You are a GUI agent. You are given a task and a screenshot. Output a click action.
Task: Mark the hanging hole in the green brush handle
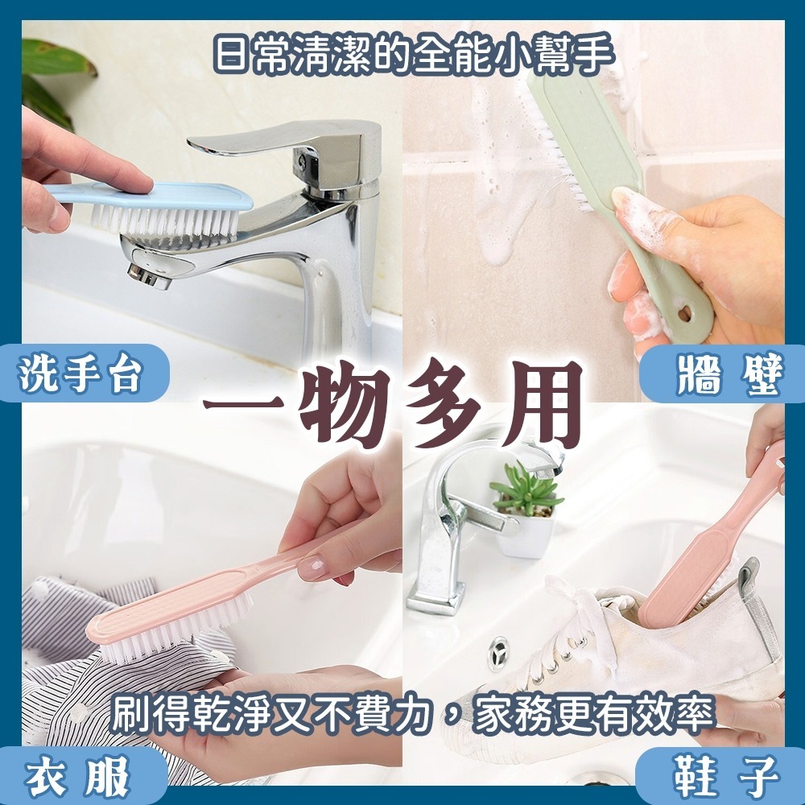tap(685, 310)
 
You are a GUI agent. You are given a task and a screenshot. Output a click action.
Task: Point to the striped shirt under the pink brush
tap(72, 644)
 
